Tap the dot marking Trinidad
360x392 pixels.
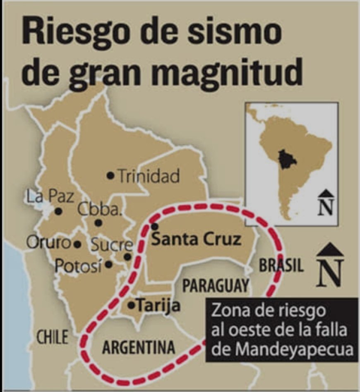(x=110, y=176)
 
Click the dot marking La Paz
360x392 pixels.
(x=59, y=211)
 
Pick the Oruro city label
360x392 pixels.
(x=48, y=243)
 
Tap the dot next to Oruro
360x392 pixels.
(x=77, y=244)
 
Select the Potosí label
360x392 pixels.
(x=78, y=265)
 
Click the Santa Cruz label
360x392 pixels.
(x=196, y=239)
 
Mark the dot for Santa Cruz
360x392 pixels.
(x=154, y=226)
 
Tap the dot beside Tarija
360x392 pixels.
(x=131, y=306)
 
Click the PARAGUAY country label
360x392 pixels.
(x=216, y=285)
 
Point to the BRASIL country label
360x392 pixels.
(x=281, y=265)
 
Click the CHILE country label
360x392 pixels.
(x=52, y=337)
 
